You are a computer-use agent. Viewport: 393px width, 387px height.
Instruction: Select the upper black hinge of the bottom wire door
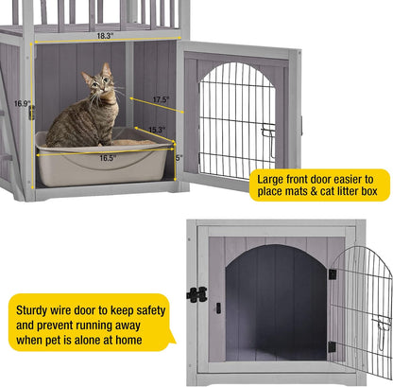(332, 273)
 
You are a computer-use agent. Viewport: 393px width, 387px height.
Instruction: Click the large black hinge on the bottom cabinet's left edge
(196, 294)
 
